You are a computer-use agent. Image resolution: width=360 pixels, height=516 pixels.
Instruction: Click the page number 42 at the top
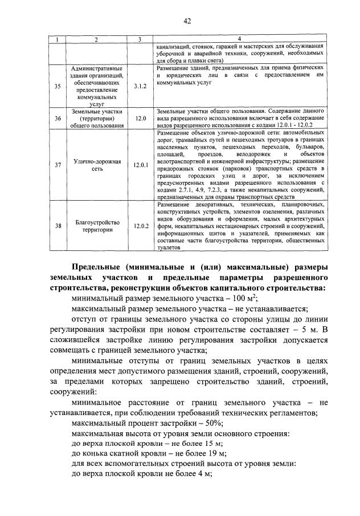pyautogui.click(x=187, y=21)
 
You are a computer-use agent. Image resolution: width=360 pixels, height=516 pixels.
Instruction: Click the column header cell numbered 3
pyautogui.click(x=140, y=39)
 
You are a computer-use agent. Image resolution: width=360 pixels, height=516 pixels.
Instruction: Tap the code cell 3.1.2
pyautogui.click(x=140, y=86)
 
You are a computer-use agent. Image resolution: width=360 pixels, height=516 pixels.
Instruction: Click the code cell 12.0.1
pyautogui.click(x=140, y=165)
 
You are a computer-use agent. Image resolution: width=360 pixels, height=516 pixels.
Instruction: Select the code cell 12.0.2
pyautogui.click(x=140, y=226)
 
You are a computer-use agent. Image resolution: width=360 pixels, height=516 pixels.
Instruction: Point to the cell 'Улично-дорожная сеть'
pyautogui.click(x=96, y=165)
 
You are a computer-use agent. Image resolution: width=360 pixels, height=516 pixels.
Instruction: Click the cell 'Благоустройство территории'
pyautogui.click(x=96, y=226)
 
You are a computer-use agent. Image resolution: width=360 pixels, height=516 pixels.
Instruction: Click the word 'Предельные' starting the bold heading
pyautogui.click(x=101, y=268)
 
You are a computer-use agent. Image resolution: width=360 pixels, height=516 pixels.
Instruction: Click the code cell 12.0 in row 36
pyautogui.click(x=140, y=118)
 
